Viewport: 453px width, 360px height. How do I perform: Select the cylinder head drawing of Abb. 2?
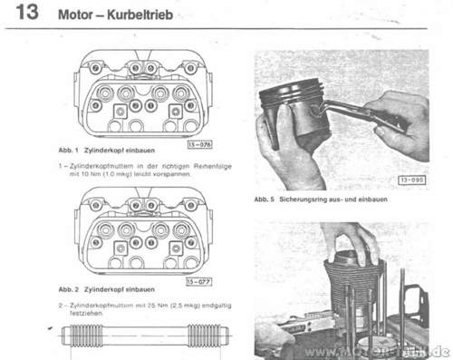tap(141, 231)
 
